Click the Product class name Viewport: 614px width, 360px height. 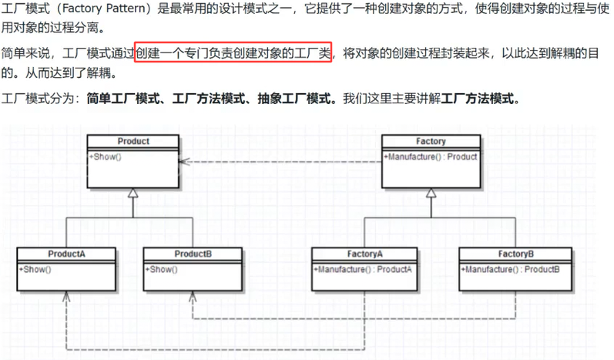(x=133, y=141)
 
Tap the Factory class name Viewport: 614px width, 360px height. (x=431, y=141)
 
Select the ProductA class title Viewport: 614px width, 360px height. (x=66, y=254)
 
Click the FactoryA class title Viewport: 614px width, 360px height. (x=364, y=254)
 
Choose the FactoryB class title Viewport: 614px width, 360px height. (x=516, y=254)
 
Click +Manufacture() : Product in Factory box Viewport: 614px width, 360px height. (x=431, y=156)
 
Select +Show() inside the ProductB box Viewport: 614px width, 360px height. (x=161, y=269)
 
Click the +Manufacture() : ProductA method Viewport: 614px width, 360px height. (x=363, y=269)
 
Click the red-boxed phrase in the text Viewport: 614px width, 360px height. (x=233, y=54)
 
